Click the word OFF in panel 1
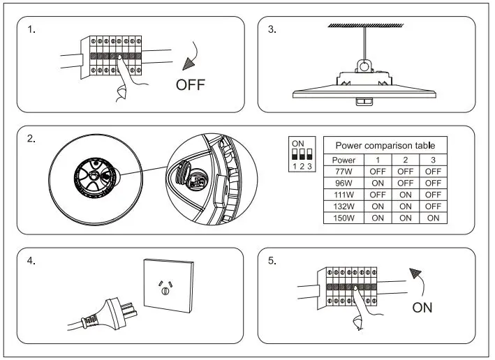click(x=191, y=86)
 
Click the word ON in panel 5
click(x=422, y=308)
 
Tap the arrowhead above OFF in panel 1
click(x=188, y=64)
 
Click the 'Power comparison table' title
click(x=385, y=146)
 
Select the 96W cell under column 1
click(x=378, y=182)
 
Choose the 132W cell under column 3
click(x=433, y=206)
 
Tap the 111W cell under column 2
click(x=406, y=194)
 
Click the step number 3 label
click(x=272, y=29)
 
